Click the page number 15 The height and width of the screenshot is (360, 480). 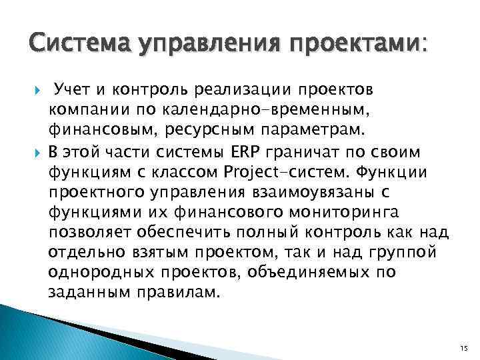pyautogui.click(x=464, y=348)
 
